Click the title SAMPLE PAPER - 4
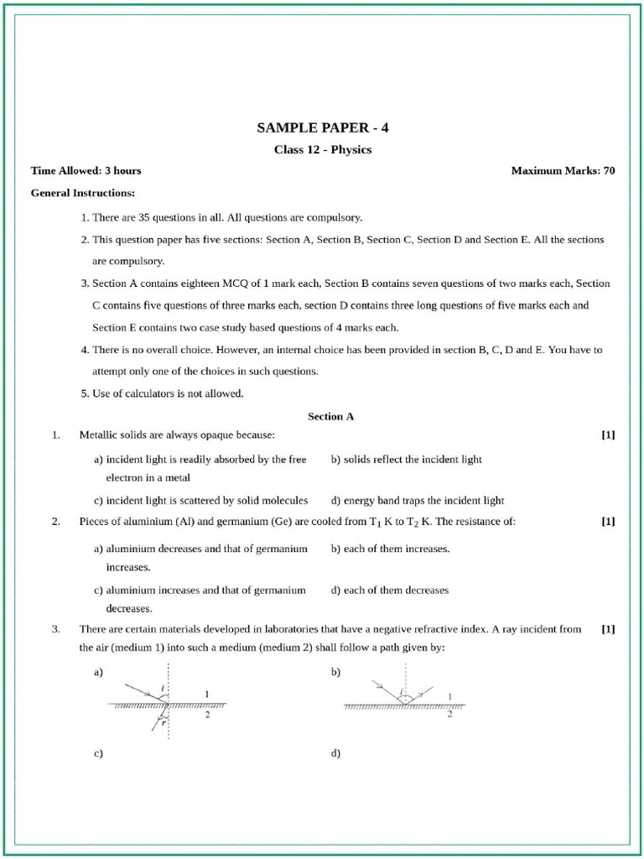tap(323, 128)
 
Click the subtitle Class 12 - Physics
tap(323, 150)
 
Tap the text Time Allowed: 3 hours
tap(86, 171)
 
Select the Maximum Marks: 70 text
tap(563, 171)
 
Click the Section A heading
tap(331, 416)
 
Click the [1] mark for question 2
tap(608, 522)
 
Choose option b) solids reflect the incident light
tap(407, 460)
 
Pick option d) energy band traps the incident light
tap(418, 501)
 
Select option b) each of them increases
tap(391, 549)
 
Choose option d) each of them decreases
tap(390, 590)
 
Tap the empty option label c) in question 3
tap(98, 754)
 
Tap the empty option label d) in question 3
tap(335, 754)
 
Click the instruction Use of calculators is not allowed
tap(168, 393)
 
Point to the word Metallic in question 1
tap(97, 435)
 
